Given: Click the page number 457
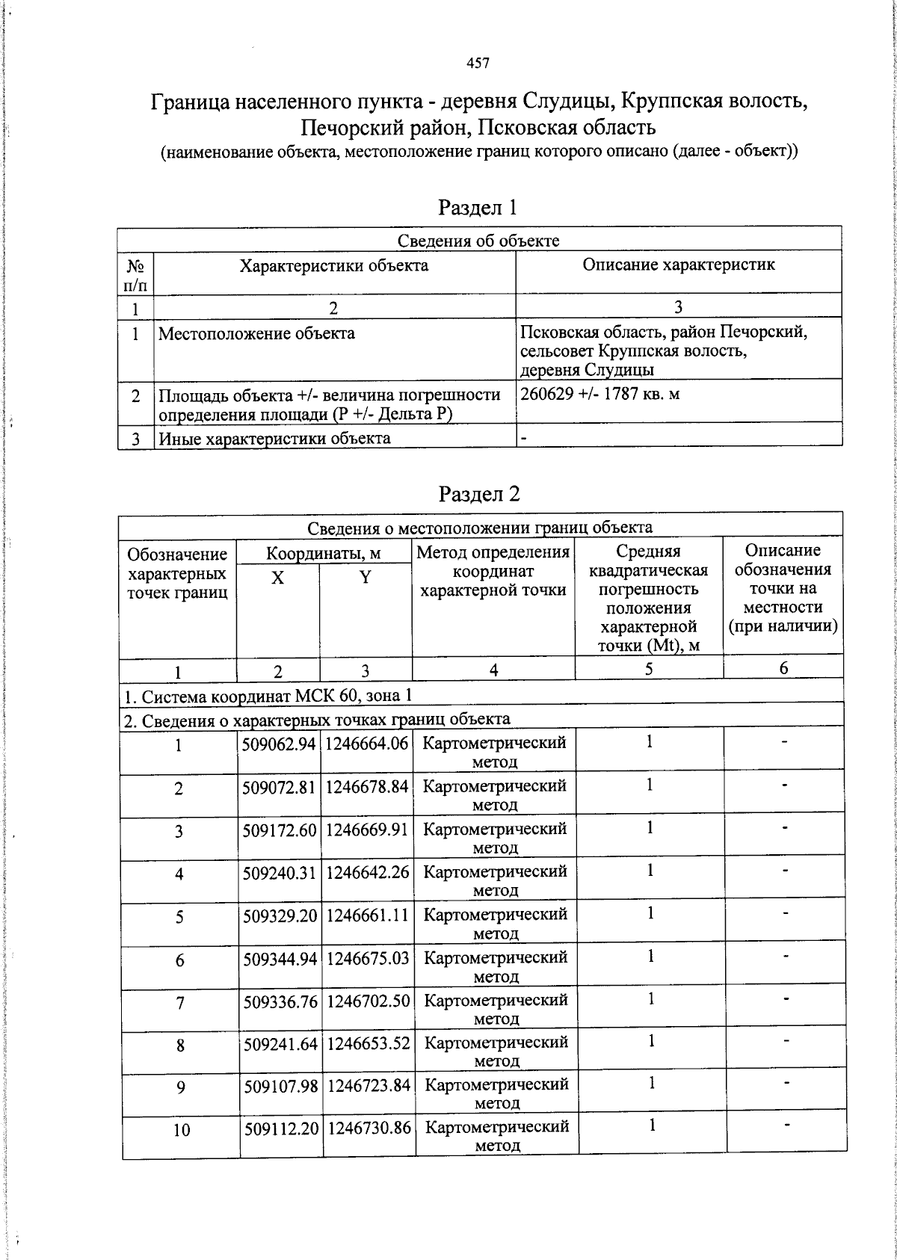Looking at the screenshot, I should (x=478, y=64).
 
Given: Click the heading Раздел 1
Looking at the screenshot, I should (x=478, y=207).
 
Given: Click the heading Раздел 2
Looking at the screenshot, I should (x=479, y=493).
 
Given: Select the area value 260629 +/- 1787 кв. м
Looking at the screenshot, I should (x=599, y=393).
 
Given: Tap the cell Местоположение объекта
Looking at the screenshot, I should (x=256, y=333).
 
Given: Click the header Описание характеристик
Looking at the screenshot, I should (x=678, y=265).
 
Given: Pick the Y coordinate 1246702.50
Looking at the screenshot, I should (x=369, y=1000).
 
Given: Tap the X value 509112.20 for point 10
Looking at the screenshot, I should (x=281, y=1128).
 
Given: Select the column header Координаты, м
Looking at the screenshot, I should (x=324, y=554).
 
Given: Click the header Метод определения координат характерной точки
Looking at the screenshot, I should (x=493, y=571).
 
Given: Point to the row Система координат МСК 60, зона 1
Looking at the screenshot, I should (x=268, y=697).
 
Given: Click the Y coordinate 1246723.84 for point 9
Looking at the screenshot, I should (x=369, y=1085).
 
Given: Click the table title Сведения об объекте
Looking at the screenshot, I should (x=478, y=240).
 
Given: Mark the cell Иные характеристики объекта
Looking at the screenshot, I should (x=274, y=438).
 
